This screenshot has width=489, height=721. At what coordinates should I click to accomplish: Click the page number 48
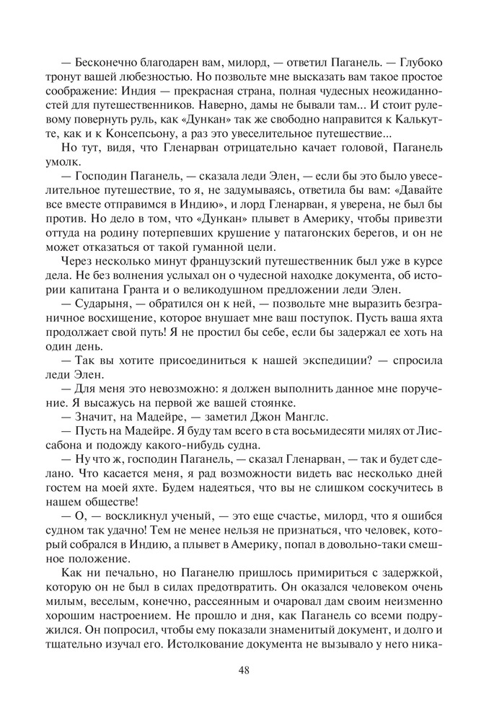pyautogui.click(x=244, y=669)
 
